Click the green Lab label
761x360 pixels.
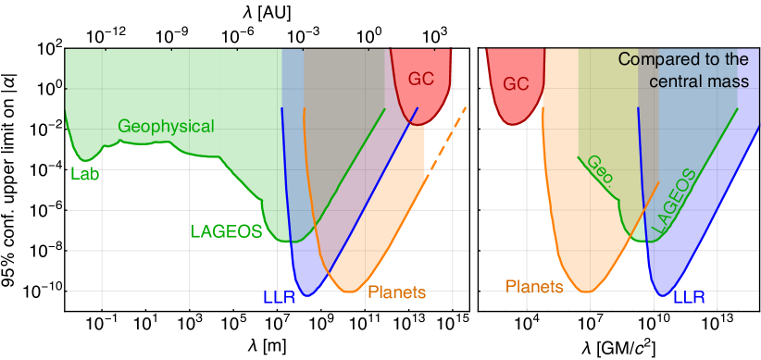click(85, 173)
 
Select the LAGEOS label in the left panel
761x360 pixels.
click(227, 232)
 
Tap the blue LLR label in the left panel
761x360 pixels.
click(280, 298)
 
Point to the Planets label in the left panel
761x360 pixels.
click(396, 292)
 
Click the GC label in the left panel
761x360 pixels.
click(421, 80)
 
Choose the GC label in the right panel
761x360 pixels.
click(516, 85)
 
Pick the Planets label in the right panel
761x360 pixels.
click(534, 287)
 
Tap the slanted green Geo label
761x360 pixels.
click(599, 173)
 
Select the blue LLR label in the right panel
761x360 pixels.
click(689, 298)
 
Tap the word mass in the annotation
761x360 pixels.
click(731, 81)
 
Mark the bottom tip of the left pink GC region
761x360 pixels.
click(418, 124)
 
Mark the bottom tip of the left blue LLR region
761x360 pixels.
click(306, 296)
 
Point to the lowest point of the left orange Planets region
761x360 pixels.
click(348, 292)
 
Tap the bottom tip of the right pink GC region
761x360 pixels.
click(515, 122)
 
